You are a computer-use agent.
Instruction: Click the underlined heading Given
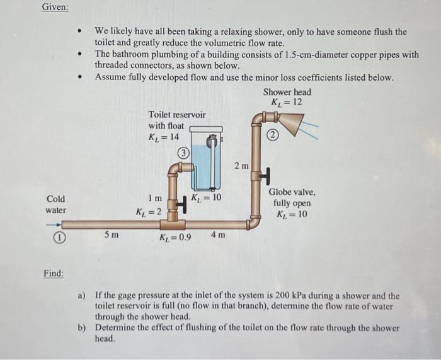coord(55,8)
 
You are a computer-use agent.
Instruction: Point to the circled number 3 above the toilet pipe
coord(182,152)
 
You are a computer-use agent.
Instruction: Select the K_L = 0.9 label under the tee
coord(176,238)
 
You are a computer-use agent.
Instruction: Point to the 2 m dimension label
coord(241,166)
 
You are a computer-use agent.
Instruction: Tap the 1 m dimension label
coord(155,199)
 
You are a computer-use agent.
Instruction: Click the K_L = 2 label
coord(149,211)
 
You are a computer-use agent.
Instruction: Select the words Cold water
coord(55,204)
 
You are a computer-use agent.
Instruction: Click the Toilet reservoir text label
coord(176,114)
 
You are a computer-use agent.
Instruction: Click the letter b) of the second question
coord(82,328)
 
